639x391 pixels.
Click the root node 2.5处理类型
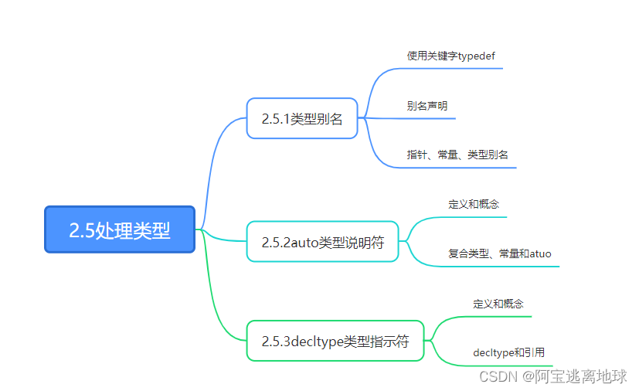(120, 229)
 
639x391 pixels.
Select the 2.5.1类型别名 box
(302, 118)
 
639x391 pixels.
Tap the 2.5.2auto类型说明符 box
(323, 242)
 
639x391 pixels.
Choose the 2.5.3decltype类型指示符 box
(335, 341)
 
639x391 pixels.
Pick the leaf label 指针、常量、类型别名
(457, 155)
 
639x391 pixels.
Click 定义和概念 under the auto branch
(474, 205)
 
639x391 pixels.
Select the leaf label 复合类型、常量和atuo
(499, 253)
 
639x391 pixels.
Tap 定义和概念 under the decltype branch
(498, 304)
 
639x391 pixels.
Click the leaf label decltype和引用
(508, 352)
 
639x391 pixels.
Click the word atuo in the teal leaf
(540, 253)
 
